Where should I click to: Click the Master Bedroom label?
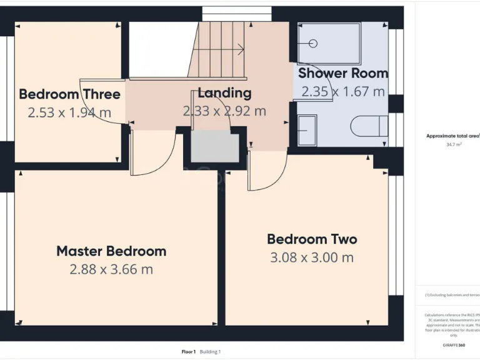[111, 251]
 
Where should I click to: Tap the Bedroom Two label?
[312, 239]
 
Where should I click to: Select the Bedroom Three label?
[69, 94]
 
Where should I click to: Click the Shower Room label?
[342, 73]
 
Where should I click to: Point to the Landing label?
[224, 93]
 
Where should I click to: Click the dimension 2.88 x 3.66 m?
[111, 269]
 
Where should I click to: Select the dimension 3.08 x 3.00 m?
[312, 257]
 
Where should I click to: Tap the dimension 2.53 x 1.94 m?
[69, 112]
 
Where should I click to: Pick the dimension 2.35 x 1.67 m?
[342, 92]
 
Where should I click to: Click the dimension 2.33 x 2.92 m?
[224, 111]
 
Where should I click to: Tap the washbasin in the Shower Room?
[307, 130]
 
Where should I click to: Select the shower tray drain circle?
[312, 43]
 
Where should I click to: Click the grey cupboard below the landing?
[214, 147]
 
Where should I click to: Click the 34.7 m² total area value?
[454, 144]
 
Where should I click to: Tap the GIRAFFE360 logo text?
[453, 345]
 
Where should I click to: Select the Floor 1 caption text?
[189, 352]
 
